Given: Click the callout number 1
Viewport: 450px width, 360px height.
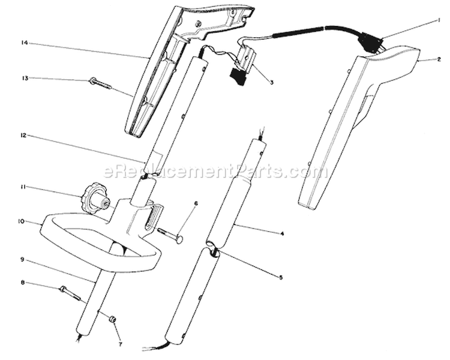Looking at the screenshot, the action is pyautogui.click(x=439, y=20).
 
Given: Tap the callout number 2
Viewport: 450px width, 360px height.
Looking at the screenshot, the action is pyautogui.click(x=439, y=59).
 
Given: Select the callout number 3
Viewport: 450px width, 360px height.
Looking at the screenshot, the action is pyautogui.click(x=271, y=82).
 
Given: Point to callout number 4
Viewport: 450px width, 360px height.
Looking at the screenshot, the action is pyautogui.click(x=282, y=234).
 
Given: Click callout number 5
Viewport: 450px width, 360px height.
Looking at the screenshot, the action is pyautogui.click(x=281, y=277).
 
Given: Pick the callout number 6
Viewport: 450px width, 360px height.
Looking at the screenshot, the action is pyautogui.click(x=196, y=203).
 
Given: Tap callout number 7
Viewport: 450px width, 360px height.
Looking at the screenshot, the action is pyautogui.click(x=120, y=344).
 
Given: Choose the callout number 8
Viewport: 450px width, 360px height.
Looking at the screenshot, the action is pyautogui.click(x=23, y=283).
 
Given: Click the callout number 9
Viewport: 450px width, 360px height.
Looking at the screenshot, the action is pyautogui.click(x=23, y=260).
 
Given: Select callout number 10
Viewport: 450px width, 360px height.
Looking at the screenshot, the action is pyautogui.click(x=21, y=221).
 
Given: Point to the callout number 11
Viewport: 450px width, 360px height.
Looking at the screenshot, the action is pyautogui.click(x=23, y=187).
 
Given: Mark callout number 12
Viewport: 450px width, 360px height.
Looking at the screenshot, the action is pyautogui.click(x=23, y=135).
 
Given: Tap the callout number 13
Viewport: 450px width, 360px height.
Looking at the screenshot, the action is pyautogui.click(x=25, y=78).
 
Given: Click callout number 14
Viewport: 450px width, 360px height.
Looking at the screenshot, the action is pyautogui.click(x=24, y=43).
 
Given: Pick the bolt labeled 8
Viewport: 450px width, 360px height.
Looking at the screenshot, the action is pyautogui.click(x=70, y=293).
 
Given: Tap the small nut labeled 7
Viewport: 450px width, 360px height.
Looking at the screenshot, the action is pyautogui.click(x=113, y=319).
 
